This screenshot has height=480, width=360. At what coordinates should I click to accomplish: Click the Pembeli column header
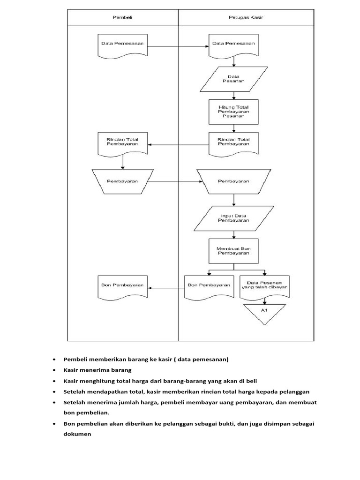pos(123,17)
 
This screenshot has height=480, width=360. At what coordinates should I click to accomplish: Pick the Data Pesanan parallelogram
pos(233,79)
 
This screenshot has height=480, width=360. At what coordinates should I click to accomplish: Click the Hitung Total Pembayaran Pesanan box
pos(233,112)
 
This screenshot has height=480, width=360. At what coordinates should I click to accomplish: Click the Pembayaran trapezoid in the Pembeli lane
pos(122,181)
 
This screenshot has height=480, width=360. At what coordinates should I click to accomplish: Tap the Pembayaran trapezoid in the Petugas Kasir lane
pos(233,181)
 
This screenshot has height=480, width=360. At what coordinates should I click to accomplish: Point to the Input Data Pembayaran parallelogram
pos(233,218)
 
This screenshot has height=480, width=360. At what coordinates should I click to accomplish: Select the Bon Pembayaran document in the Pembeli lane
pos(122,286)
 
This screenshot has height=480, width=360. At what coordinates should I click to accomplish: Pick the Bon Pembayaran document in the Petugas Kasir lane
pos(208,286)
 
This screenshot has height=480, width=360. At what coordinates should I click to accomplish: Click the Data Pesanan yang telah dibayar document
pos(264,286)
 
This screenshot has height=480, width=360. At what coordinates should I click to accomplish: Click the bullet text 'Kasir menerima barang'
pos(97,370)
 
